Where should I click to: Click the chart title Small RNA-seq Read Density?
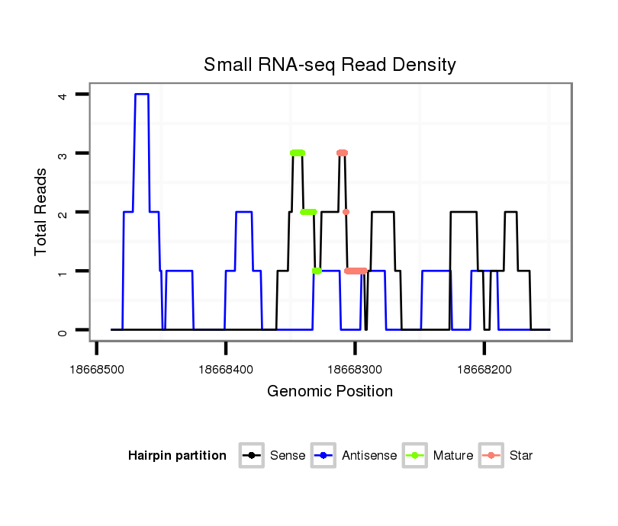330,65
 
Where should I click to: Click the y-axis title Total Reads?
42,212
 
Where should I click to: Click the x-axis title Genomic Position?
330,392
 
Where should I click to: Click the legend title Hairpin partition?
177,456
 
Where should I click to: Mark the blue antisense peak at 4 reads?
142,94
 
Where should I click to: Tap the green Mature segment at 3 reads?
297,153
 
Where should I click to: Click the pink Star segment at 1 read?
356,271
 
